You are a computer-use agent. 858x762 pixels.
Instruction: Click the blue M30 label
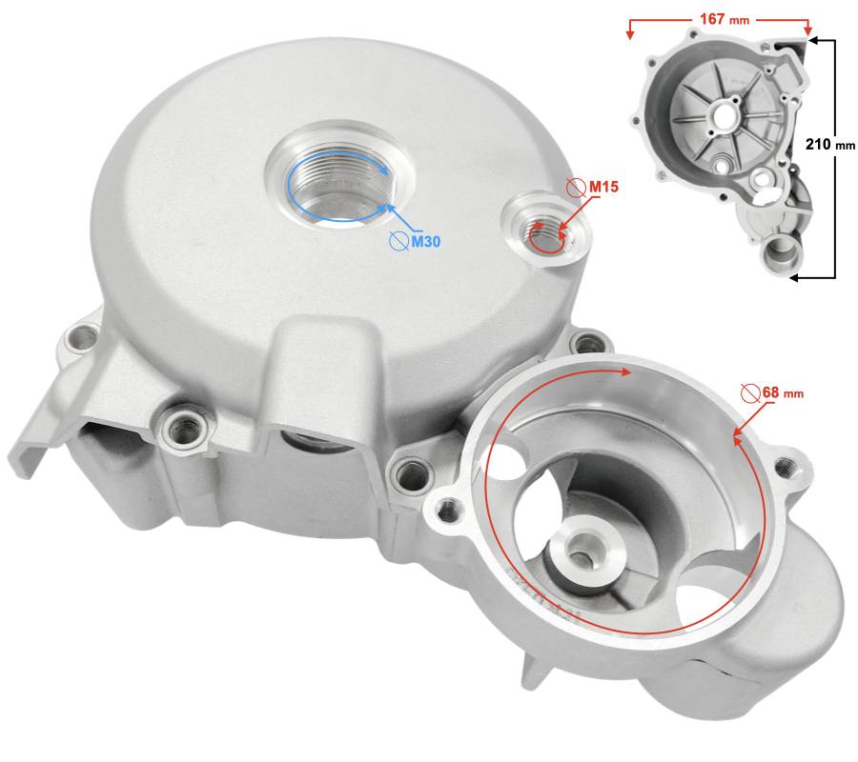[426, 241]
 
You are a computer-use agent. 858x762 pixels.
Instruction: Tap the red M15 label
[603, 187]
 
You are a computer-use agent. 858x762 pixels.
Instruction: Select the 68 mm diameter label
[783, 392]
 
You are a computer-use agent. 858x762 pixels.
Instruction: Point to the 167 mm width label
[724, 19]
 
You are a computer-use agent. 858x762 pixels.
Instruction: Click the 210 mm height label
[829, 145]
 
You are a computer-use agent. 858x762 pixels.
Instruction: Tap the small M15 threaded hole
[547, 235]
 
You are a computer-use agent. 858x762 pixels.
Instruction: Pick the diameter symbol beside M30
[398, 241]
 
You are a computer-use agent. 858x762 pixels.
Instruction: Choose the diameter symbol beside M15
[576, 188]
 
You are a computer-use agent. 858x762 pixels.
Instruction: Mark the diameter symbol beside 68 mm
[750, 393]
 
